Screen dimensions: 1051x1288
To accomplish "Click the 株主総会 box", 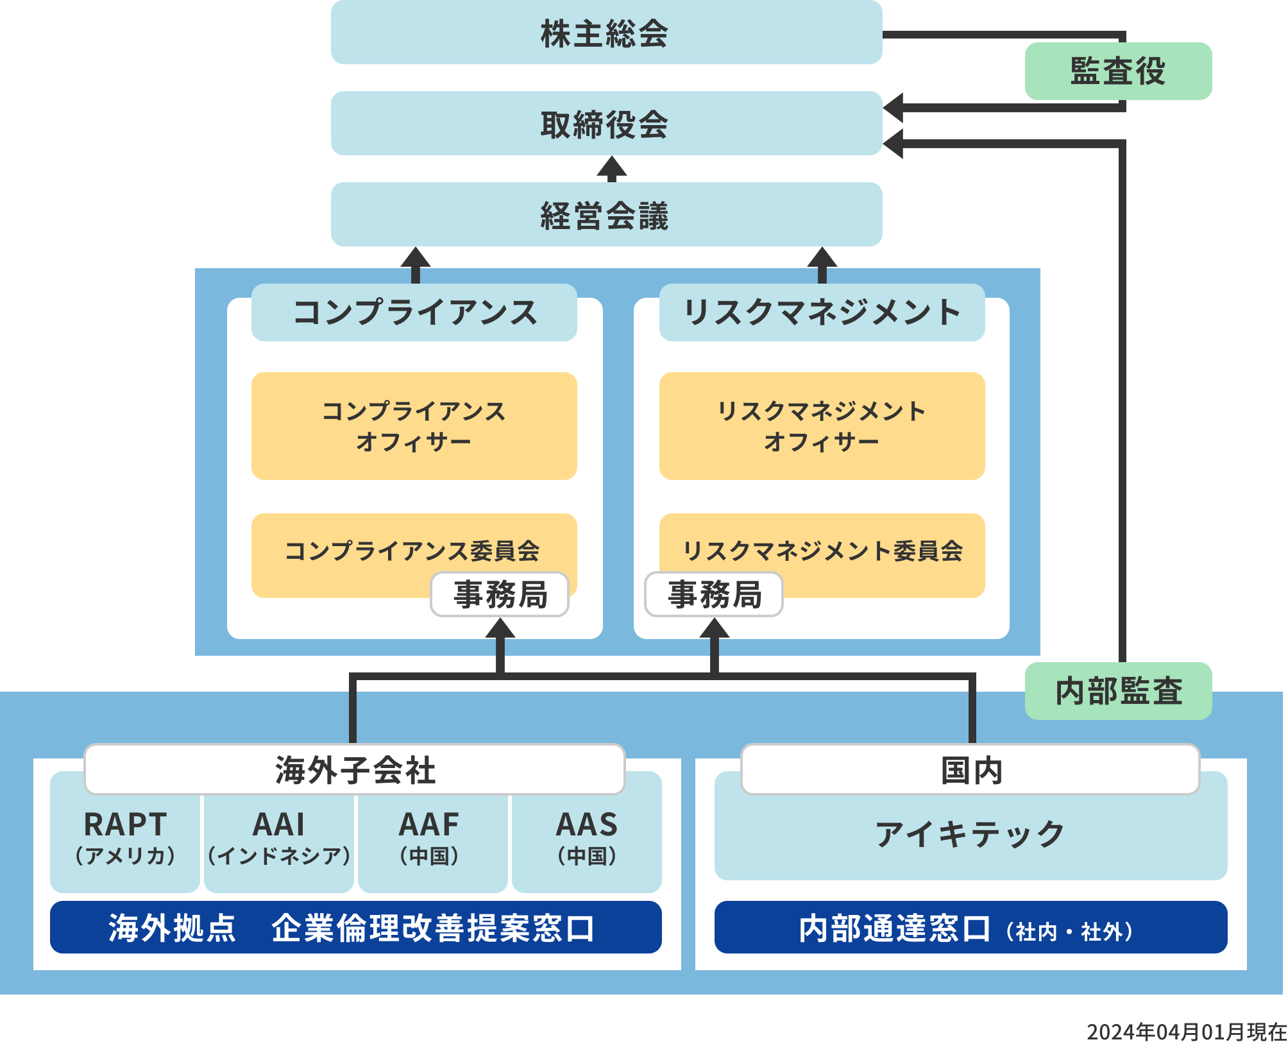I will (x=606, y=33).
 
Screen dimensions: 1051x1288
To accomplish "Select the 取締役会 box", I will (x=606, y=124).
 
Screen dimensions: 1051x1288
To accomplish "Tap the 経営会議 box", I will (x=606, y=215).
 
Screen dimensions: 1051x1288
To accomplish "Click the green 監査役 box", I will (x=1118, y=71).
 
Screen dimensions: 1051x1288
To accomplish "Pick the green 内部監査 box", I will (x=1118, y=691).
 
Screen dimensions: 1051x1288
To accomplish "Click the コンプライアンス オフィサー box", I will (x=414, y=425).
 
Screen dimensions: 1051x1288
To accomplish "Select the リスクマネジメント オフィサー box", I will (x=822, y=425).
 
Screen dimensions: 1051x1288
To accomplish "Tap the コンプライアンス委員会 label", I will (x=412, y=550).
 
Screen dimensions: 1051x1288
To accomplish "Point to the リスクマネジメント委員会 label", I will (x=822, y=550).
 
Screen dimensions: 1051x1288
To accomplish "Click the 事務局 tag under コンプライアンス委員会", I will (x=500, y=594).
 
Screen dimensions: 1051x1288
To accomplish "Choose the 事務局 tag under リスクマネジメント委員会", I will (x=714, y=594).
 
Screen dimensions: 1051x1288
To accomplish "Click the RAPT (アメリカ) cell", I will (x=125, y=838).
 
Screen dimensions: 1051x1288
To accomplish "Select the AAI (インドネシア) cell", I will (x=279, y=838).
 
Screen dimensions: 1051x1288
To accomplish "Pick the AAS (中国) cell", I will (x=586, y=838).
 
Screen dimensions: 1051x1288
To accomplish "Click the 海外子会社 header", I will (x=355, y=769).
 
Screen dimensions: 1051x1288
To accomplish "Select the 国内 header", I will (x=970, y=769).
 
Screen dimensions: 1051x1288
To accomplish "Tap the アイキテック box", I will (x=970, y=834).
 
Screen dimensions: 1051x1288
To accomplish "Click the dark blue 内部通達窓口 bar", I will (x=970, y=928).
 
